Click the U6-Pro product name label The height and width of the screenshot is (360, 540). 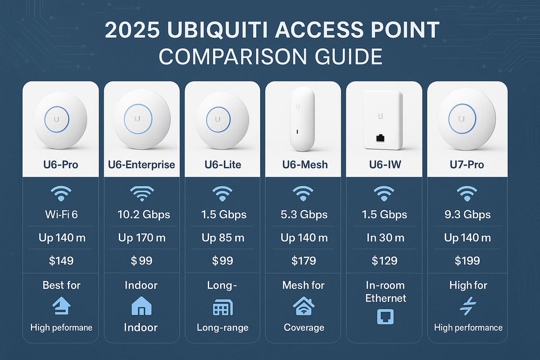[x=61, y=164]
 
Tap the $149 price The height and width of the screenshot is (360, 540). [x=61, y=260]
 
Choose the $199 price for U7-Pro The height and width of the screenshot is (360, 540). [x=467, y=260]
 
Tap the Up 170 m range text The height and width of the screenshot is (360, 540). [x=142, y=238]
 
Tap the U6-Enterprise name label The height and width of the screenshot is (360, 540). [x=141, y=164]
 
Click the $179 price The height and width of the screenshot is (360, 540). [x=304, y=260]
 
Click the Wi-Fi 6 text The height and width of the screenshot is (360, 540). [x=61, y=215]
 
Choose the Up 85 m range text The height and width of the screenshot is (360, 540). [x=222, y=238]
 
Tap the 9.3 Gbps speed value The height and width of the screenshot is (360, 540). [x=467, y=215]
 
